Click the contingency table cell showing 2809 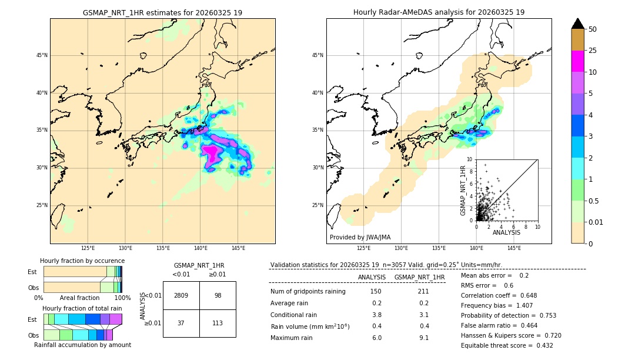[x=181, y=295]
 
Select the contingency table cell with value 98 [x=218, y=295]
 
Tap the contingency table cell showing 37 [x=181, y=323]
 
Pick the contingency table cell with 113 [x=218, y=323]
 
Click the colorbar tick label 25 [x=593, y=51]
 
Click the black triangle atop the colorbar [x=578, y=24]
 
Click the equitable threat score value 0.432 [x=541, y=346]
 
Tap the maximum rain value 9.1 [x=423, y=338]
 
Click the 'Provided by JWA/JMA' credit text [x=360, y=238]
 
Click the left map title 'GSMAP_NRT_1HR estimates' [x=162, y=13]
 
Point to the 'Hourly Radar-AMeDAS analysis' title [x=439, y=12]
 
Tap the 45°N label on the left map [x=42, y=56]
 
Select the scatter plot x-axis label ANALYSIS [x=506, y=232]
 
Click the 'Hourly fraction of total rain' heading [x=82, y=308]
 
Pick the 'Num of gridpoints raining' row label [x=308, y=292]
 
